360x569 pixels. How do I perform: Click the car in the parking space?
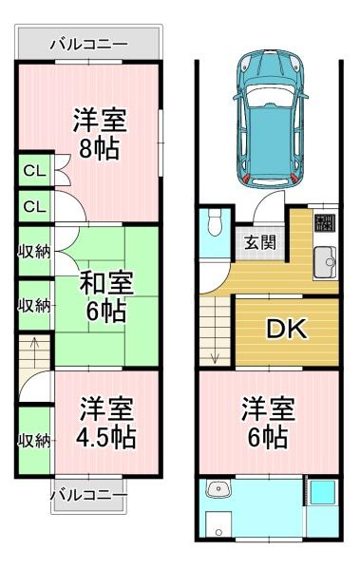pos(270,119)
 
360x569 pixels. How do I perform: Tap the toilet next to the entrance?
pos(215,223)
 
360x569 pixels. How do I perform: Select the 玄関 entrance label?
pos(260,243)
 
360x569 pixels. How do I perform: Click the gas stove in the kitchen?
pos(325,223)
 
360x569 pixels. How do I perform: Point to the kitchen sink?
pos(325,262)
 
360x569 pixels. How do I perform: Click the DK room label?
pos(287,329)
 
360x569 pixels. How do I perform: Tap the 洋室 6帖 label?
pos(268,423)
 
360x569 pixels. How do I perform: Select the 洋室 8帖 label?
pos(100,133)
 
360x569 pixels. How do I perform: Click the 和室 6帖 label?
pos(106,296)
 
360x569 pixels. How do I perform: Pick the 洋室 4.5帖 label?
pos(106,423)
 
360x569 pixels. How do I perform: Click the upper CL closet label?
pos(34,171)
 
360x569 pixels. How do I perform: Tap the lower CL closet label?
pos(34,206)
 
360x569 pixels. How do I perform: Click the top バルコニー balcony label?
pos(89,45)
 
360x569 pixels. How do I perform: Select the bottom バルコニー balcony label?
pos(89,495)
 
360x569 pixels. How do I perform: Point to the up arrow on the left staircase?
pos(34,348)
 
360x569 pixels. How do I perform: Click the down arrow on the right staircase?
pos(214,352)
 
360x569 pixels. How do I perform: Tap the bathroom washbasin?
pos(218,488)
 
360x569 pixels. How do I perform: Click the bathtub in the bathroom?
pos(322,493)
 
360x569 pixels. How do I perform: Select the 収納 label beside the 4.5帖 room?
pos(34,441)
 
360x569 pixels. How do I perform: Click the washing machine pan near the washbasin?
pos(218,524)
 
